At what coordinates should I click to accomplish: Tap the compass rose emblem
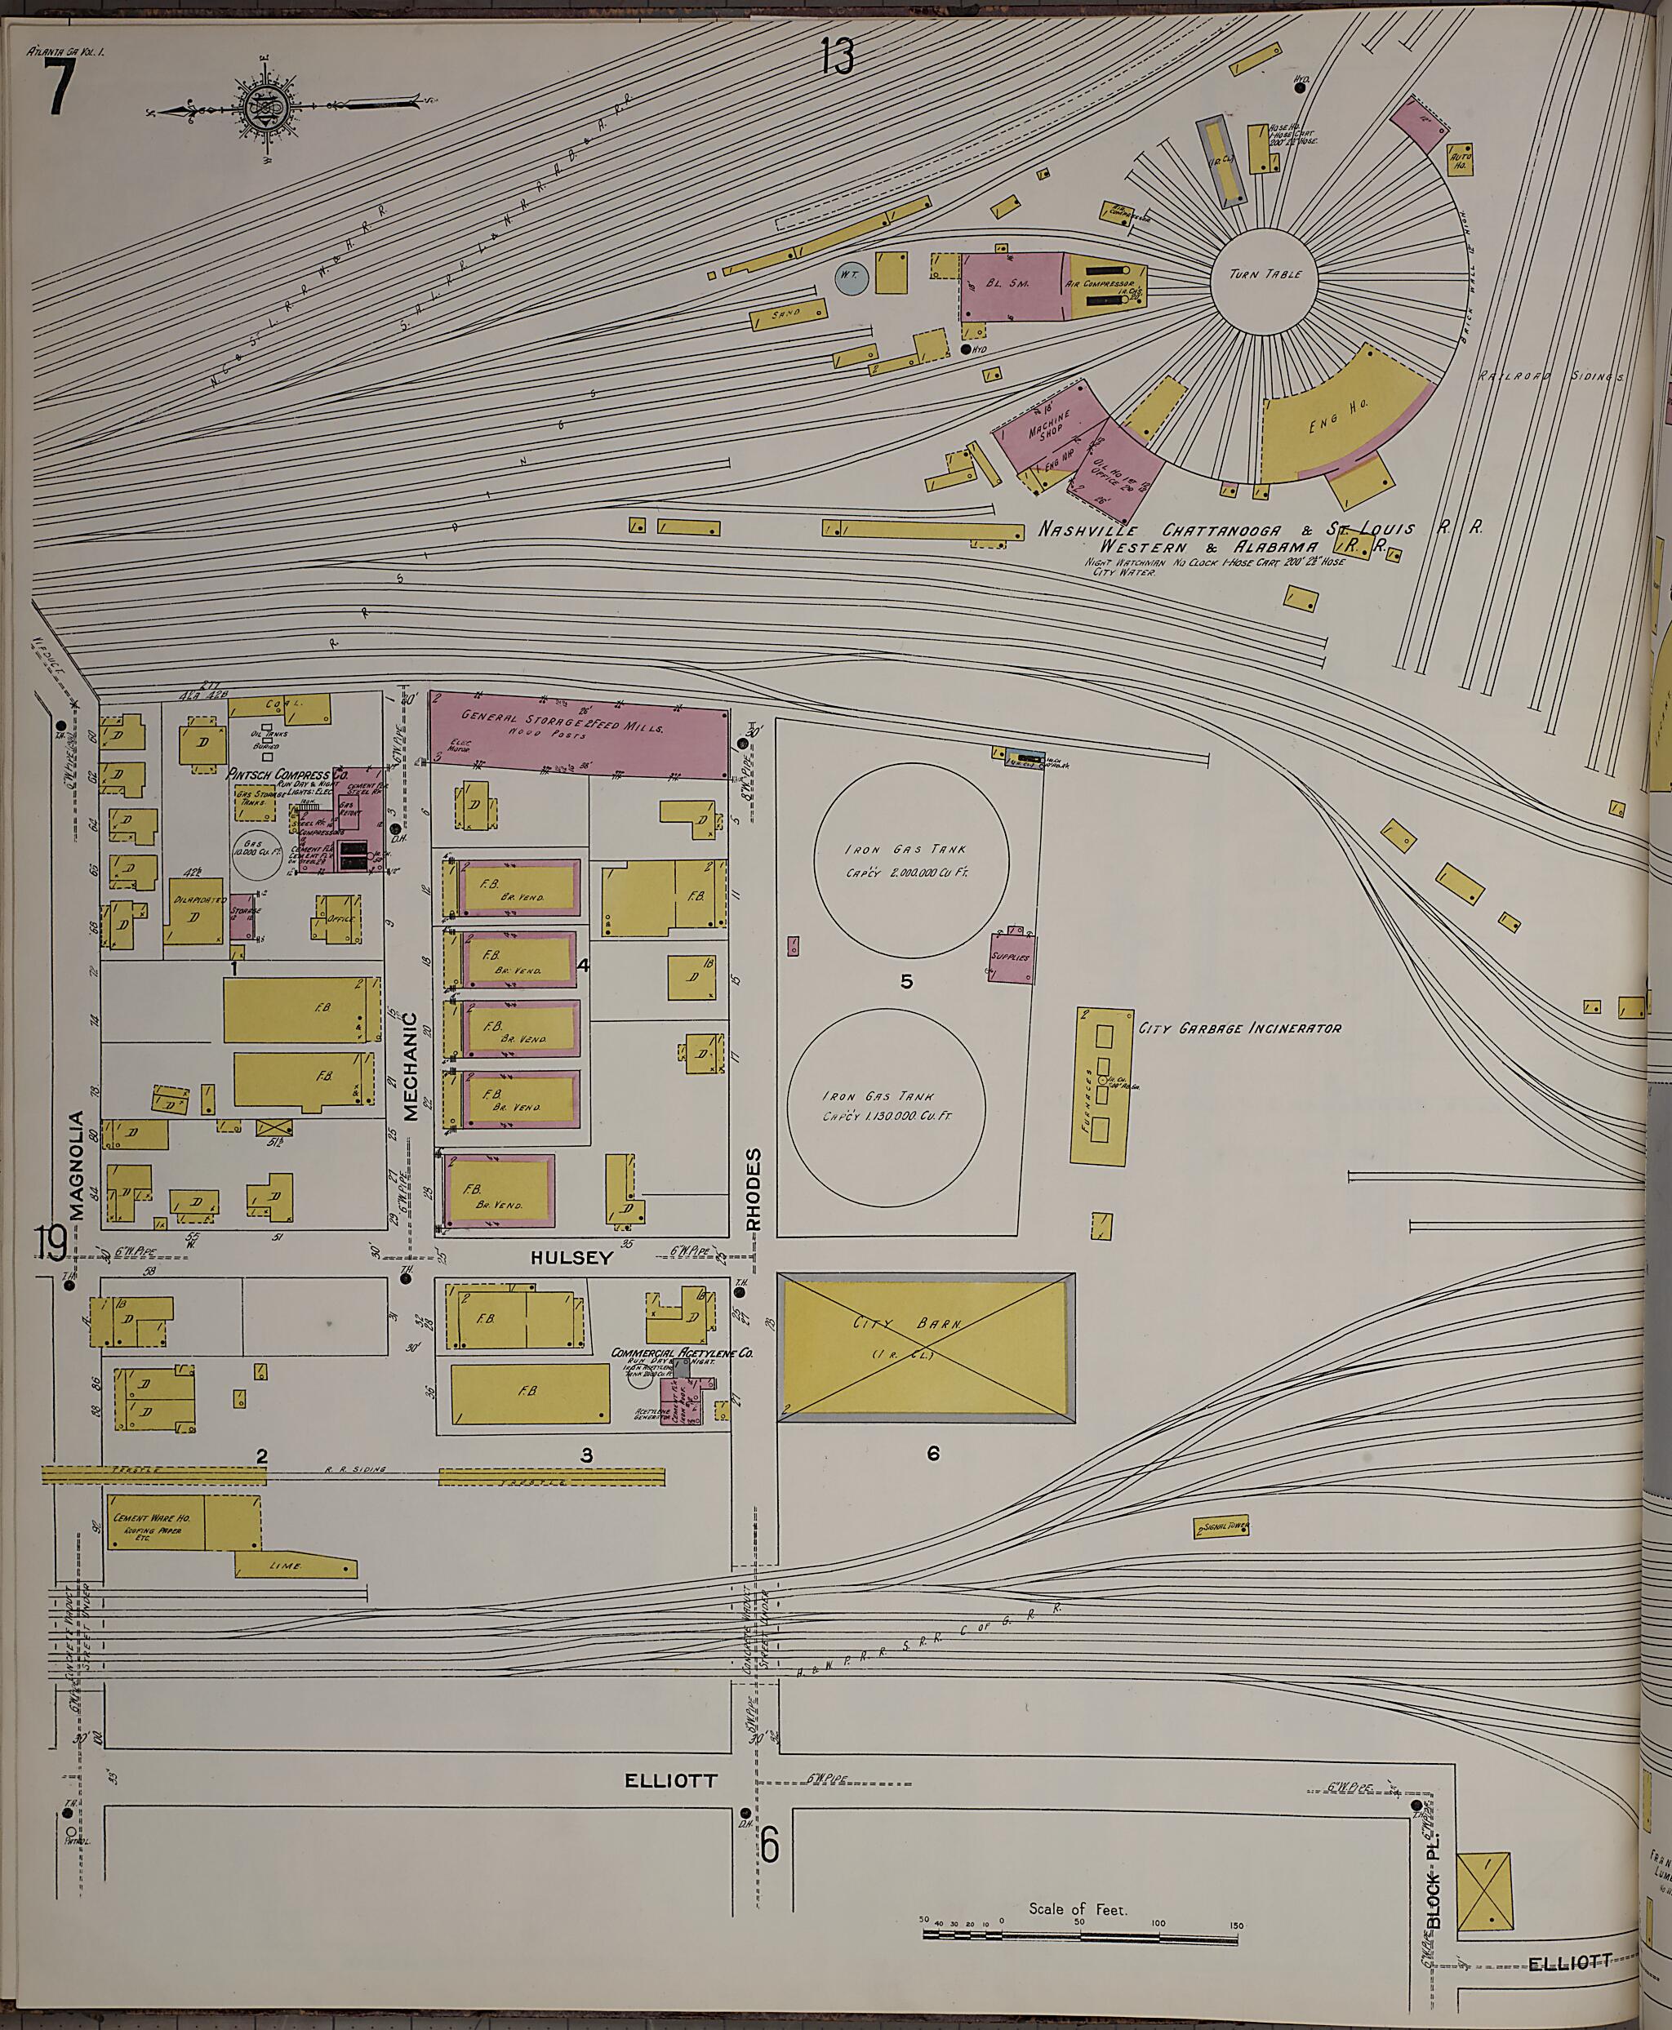(x=261, y=106)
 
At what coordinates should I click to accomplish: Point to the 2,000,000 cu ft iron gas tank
(x=911, y=862)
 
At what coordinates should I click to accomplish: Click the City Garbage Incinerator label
(x=1239, y=1028)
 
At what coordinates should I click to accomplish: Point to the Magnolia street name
(x=77, y=1166)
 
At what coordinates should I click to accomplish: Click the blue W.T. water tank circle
(x=851, y=278)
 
